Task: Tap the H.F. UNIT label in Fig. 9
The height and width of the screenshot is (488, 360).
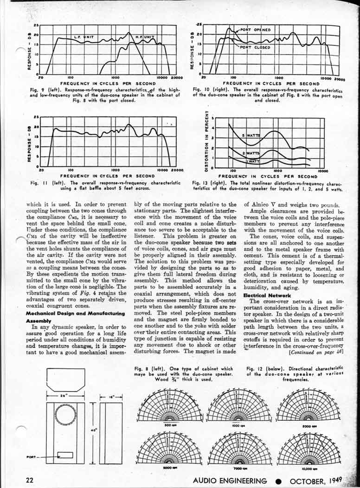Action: pos(144,36)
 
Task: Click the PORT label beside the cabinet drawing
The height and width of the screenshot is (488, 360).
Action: pos(32,456)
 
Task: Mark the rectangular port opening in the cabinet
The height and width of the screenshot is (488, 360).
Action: pos(65,455)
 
